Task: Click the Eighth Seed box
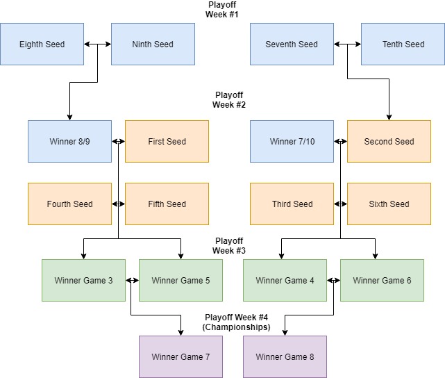(42, 44)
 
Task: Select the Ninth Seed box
(153, 44)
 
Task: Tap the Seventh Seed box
(292, 44)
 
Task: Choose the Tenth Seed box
(403, 44)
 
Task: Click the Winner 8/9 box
(69, 142)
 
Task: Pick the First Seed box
(167, 142)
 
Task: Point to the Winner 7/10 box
(292, 142)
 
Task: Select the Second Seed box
(389, 142)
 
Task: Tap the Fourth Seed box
(69, 204)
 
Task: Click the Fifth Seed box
(167, 204)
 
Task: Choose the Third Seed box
(292, 204)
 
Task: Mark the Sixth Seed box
(389, 204)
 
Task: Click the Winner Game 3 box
(83, 281)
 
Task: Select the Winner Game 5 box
(180, 281)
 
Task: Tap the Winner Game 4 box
(285, 281)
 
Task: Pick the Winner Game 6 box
(382, 281)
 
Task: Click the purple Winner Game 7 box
(180, 357)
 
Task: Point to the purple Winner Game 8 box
(285, 357)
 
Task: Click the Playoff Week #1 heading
(222, 9)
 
